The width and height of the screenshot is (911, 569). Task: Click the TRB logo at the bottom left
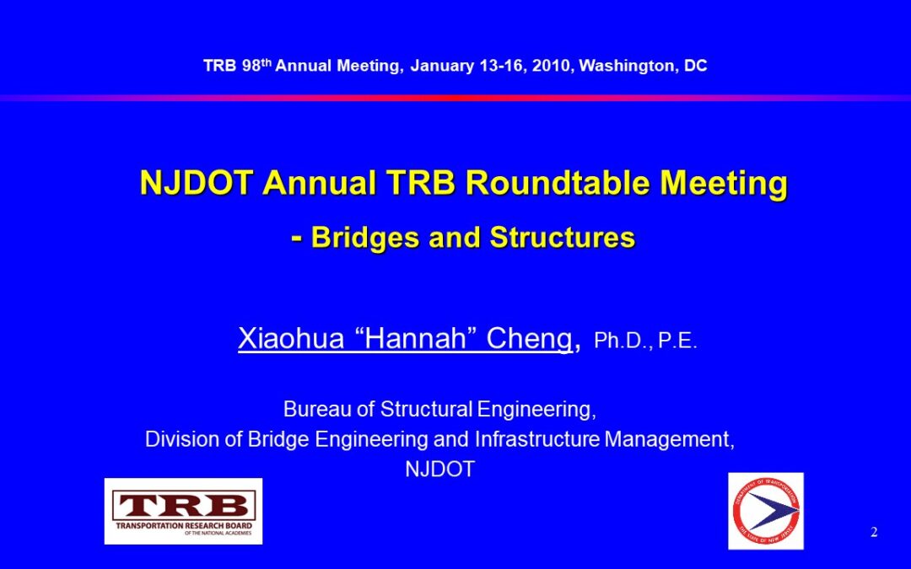pos(183,511)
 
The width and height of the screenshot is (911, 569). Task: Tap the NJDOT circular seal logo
pos(766,511)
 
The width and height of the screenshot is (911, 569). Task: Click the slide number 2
pos(874,532)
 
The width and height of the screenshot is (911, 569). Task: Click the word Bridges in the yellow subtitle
pos(365,237)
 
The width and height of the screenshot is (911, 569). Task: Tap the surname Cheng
pos(529,339)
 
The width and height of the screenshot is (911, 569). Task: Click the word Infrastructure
pos(536,439)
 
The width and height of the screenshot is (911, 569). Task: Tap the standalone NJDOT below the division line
pos(439,470)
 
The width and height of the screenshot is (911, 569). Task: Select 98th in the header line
pos(256,65)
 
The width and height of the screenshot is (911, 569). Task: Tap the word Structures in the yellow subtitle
pos(563,237)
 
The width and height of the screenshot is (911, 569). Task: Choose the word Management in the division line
pos(669,439)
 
